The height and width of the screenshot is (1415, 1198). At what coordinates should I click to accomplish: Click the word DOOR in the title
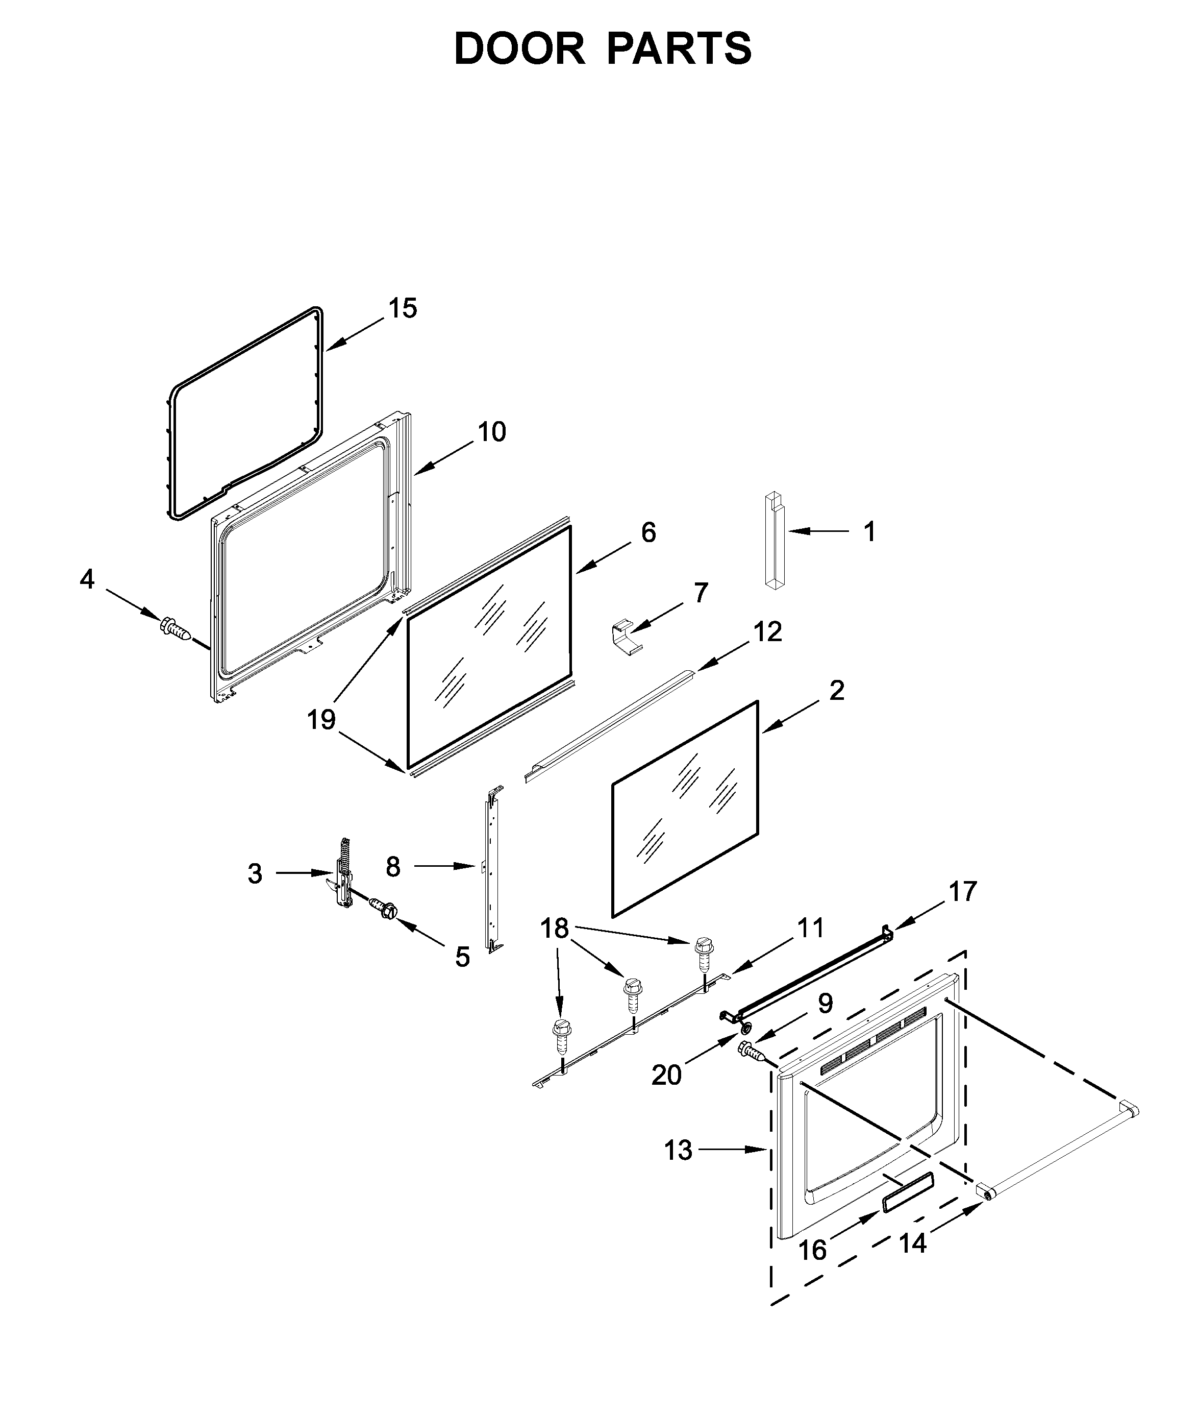pos(519,49)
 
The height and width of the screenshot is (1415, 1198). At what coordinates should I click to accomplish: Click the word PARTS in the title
pos(679,49)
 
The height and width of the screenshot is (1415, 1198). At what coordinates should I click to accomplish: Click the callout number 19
pos(321,719)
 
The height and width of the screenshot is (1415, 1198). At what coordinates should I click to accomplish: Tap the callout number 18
pos(554,928)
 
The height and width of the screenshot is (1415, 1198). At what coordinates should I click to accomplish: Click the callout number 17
pos(962,891)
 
